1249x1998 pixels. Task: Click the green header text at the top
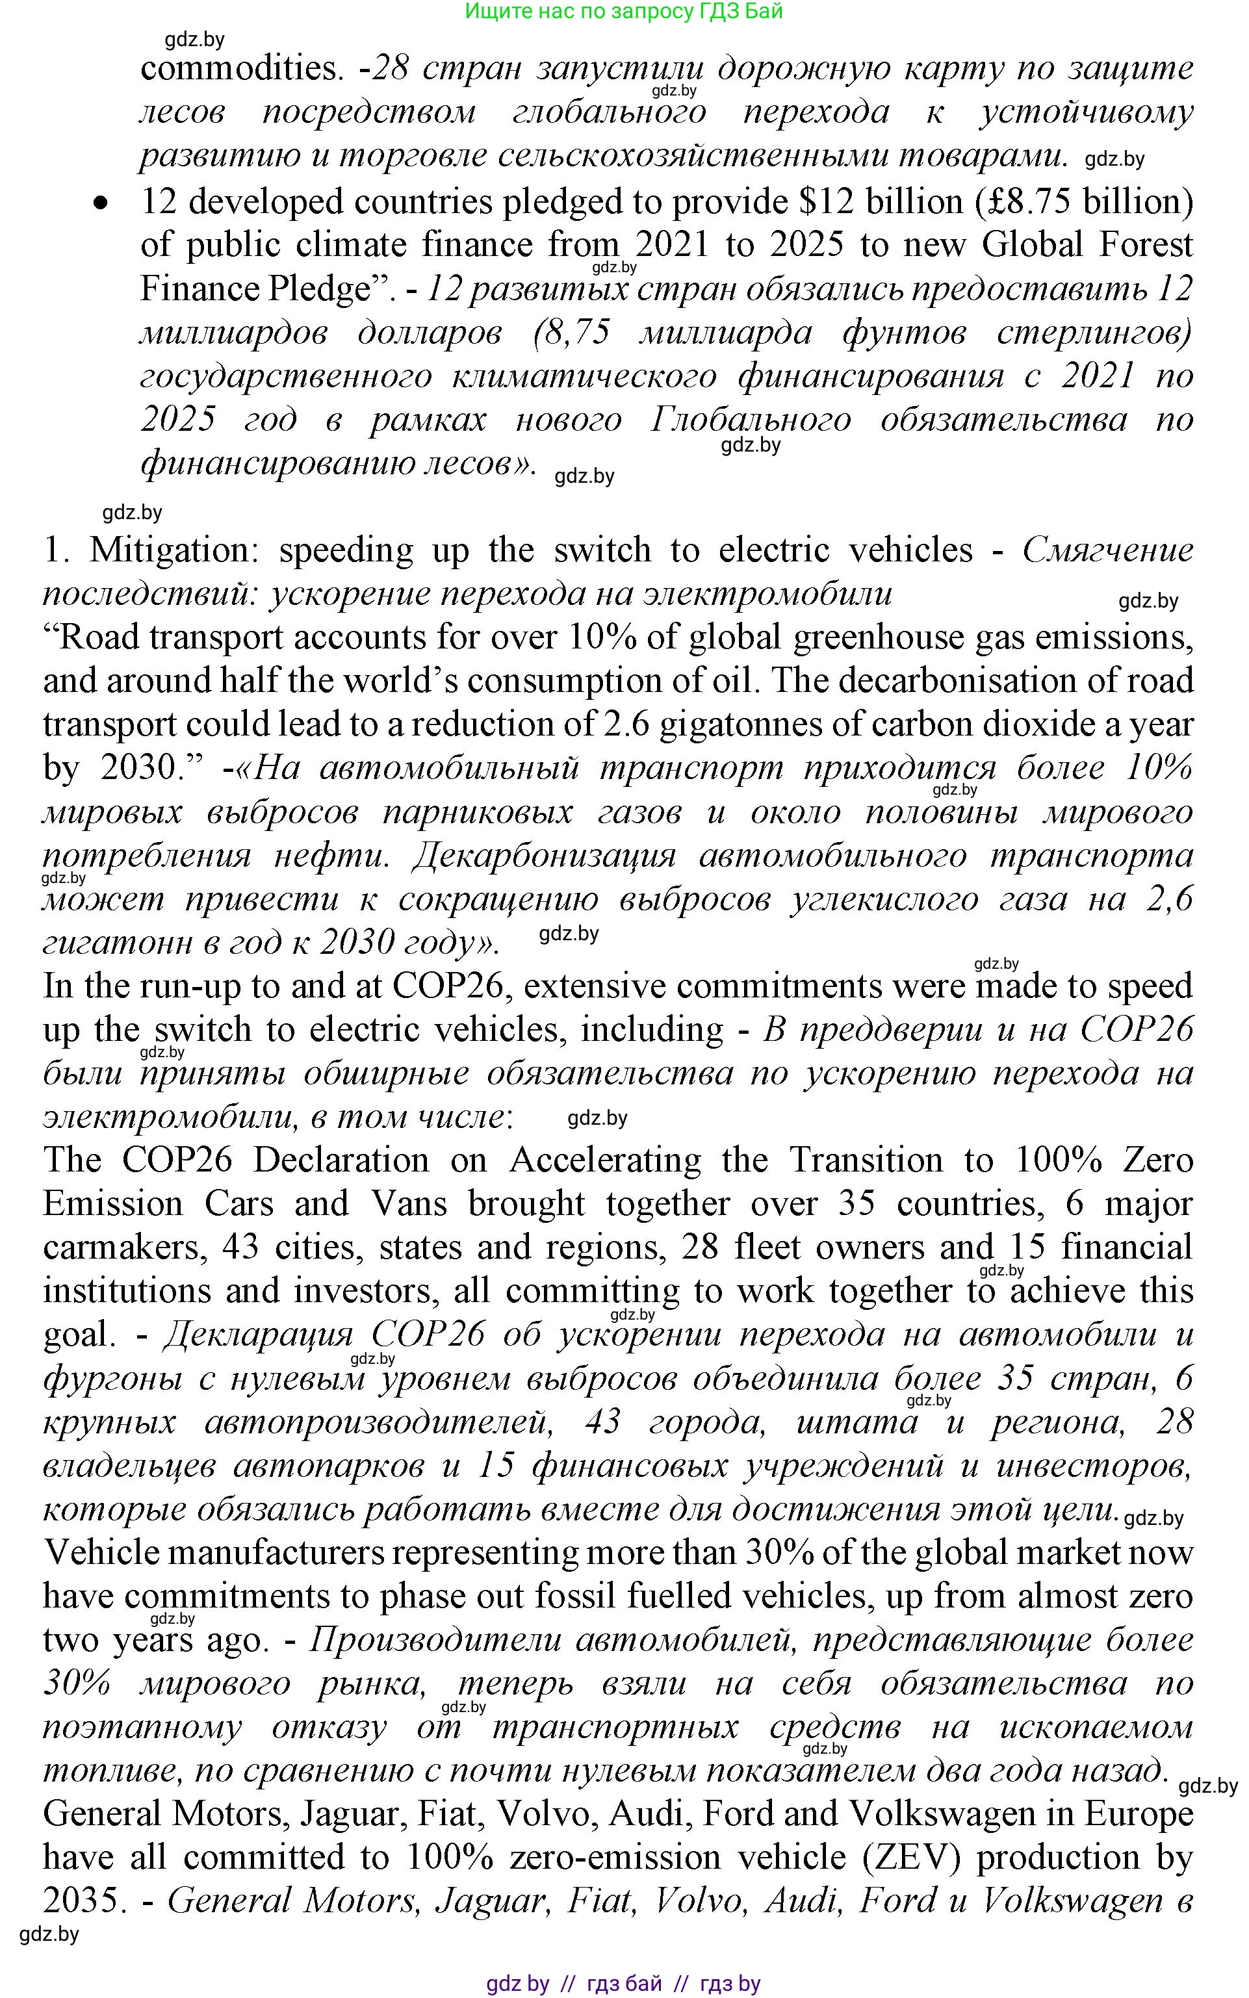(624, 12)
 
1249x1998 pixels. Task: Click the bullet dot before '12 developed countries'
(101, 202)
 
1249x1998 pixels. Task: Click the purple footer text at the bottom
(624, 1983)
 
